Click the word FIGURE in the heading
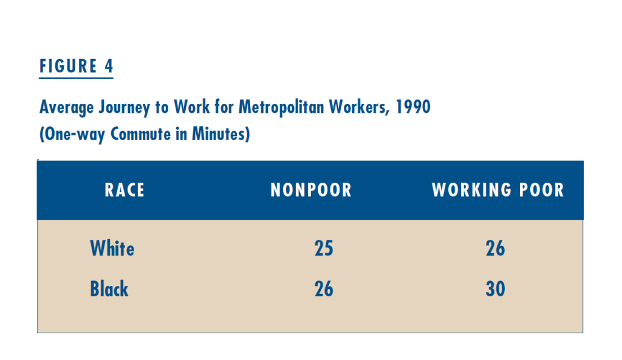click(68, 66)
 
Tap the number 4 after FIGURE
click(109, 66)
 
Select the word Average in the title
click(67, 107)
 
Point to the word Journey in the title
click(124, 107)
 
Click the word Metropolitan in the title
click(281, 107)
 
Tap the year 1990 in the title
click(413, 107)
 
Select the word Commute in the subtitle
click(140, 134)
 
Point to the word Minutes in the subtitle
click(219, 134)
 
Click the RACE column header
click(125, 190)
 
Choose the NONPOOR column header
click(311, 190)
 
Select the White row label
click(112, 248)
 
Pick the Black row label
click(109, 288)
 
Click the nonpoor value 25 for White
click(324, 248)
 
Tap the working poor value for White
click(496, 248)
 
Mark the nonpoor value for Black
click(324, 289)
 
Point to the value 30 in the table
click(496, 289)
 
